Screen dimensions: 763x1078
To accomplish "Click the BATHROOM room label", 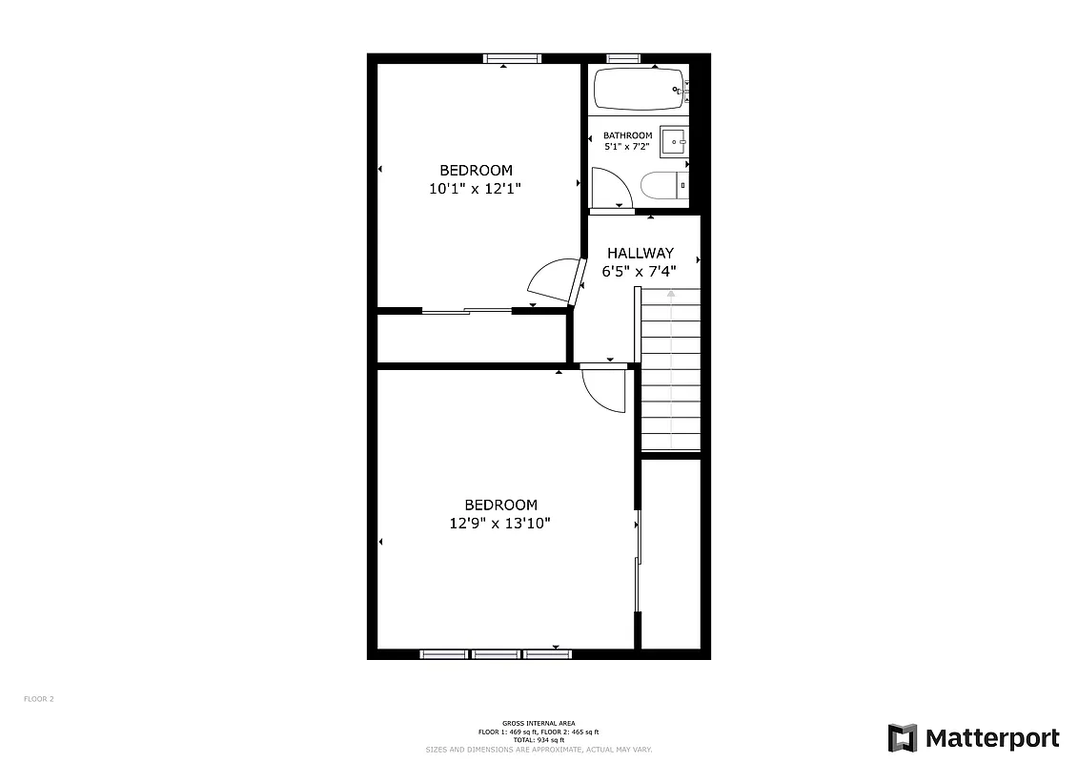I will pos(627,135).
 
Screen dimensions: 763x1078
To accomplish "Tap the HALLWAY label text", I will pos(641,253).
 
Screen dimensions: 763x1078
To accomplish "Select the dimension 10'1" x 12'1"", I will pos(475,189).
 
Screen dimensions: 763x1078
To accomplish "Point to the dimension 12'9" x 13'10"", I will pos(501,523).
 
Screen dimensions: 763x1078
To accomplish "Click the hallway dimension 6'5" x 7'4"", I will pos(639,271).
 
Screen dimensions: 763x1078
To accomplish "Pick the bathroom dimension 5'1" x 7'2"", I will pos(627,147).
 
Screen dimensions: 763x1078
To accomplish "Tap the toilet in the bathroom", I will pos(660,185).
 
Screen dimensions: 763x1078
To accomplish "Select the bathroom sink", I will pos(674,143).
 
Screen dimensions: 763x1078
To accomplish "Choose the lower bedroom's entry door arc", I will pos(601,390).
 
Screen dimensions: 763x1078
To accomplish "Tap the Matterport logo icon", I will pos(903,738).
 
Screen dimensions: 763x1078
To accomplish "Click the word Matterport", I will pos(992,738).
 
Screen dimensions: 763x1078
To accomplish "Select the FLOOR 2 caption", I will pos(39,699).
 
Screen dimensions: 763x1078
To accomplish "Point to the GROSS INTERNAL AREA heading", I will pos(539,723).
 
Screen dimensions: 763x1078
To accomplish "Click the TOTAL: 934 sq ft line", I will pos(539,740).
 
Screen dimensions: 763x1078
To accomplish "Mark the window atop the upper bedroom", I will pos(512,59).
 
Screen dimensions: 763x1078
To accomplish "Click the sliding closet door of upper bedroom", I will pos(467,310).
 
